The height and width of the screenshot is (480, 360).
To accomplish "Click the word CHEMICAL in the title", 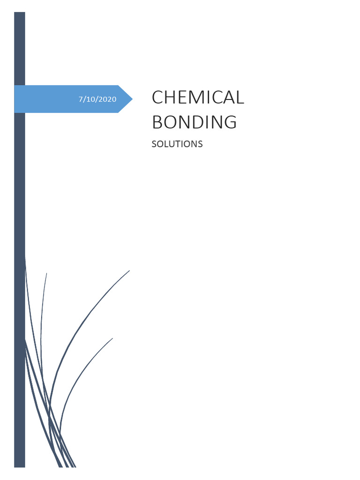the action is pos(198,97).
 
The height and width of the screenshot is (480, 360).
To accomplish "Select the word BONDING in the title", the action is pos(194,122).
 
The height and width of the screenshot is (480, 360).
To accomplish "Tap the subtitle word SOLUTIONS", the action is pos(177,144).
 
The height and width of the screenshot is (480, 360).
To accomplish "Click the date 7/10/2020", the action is pos(97,99).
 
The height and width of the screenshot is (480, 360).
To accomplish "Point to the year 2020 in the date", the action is pos(107,99).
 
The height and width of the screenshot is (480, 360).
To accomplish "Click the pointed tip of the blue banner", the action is pos(132,99).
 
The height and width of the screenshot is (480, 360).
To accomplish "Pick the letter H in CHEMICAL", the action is pos(171,97).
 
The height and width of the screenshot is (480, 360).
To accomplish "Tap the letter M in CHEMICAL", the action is pos(197,97).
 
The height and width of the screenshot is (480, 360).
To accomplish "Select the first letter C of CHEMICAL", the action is pos(158,97).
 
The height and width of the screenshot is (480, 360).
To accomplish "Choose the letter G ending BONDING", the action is pos(230,122).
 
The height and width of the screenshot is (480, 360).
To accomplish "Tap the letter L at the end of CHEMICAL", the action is pos(240,97).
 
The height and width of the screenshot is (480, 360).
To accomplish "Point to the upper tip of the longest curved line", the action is pos(129,270).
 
